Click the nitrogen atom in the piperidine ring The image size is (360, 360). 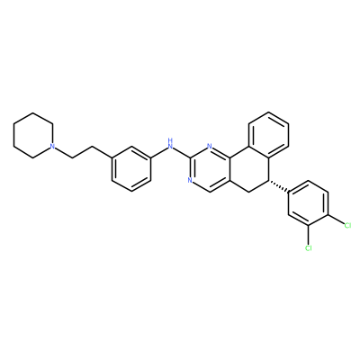(x=52, y=146)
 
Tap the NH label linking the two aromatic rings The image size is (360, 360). (x=170, y=144)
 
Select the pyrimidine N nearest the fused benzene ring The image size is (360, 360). (x=210, y=147)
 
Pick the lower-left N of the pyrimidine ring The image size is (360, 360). (x=190, y=180)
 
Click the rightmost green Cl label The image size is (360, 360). (x=347, y=225)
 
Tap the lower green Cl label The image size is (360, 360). (x=309, y=247)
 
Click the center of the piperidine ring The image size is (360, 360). (x=33, y=135)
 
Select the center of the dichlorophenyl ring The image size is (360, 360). (x=309, y=202)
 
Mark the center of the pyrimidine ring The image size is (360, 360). (x=210, y=169)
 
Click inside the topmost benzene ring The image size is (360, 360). (x=269, y=135)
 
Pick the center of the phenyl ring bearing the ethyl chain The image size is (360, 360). (x=131, y=169)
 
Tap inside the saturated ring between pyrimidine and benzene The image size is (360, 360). (x=249, y=169)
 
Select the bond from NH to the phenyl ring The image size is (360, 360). (x=158, y=153)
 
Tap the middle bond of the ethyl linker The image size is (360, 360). (x=82, y=152)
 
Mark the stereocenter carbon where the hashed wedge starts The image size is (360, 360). (x=269, y=180)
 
